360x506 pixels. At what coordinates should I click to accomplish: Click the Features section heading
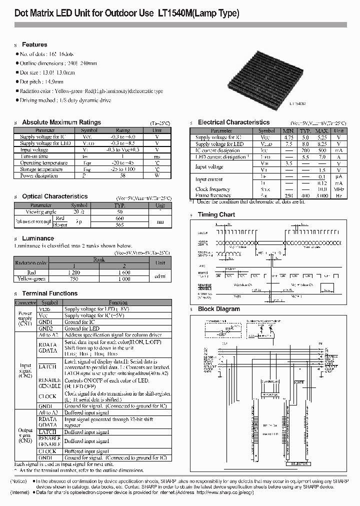point(34,44)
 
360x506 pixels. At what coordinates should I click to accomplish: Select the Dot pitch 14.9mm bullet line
point(41,81)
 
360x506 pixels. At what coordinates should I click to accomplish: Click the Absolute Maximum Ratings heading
point(61,122)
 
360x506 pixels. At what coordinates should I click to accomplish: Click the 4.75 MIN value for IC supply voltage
point(289,137)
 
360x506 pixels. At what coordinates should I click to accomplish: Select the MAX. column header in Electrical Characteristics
point(321,130)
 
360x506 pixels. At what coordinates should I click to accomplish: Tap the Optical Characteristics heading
point(55,196)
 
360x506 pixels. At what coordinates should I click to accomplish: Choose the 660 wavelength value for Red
point(119,218)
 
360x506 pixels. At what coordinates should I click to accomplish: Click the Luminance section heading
point(38,238)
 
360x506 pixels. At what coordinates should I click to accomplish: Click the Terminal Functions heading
point(50,293)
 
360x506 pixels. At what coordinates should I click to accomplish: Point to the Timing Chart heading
point(216,214)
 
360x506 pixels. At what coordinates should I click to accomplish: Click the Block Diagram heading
point(219,309)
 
